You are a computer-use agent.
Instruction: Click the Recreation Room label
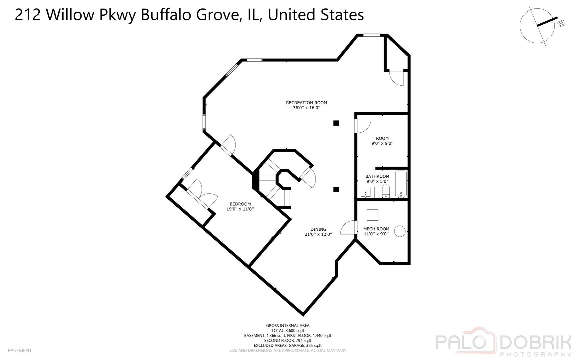[x=306, y=103]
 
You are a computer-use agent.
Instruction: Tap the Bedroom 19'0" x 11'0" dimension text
[x=240, y=209]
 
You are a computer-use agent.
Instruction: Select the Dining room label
[x=318, y=229]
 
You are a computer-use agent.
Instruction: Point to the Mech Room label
[x=376, y=229]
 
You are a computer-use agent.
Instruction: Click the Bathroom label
[x=377, y=176]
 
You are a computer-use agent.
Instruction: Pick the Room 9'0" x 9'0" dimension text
[x=382, y=144]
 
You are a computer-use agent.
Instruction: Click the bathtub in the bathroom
[x=400, y=184]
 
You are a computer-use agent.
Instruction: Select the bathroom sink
[x=366, y=192]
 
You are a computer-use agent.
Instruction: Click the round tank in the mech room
[x=400, y=231]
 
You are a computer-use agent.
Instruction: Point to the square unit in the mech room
[x=372, y=215]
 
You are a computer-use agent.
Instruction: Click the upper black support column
[x=336, y=123]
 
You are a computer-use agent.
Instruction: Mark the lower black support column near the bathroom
[x=336, y=190]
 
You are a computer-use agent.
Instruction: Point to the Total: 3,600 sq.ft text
[x=288, y=331]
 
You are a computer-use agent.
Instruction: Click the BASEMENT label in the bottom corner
[x=20, y=351]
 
